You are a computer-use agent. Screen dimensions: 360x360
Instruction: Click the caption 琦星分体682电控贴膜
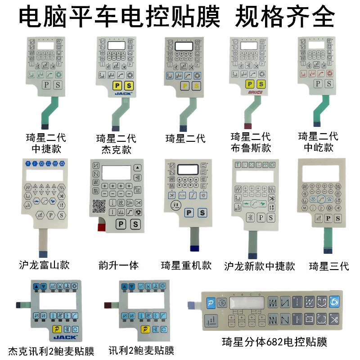click(x=274, y=342)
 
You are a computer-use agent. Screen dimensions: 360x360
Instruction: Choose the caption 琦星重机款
click(x=186, y=265)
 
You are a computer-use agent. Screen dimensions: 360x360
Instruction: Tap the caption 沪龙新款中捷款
click(x=260, y=266)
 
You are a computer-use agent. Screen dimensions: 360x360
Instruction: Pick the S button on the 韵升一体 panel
click(x=135, y=225)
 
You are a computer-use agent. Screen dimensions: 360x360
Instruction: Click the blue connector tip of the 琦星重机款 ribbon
click(x=195, y=247)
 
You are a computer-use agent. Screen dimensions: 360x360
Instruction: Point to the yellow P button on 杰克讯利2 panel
click(x=58, y=329)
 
